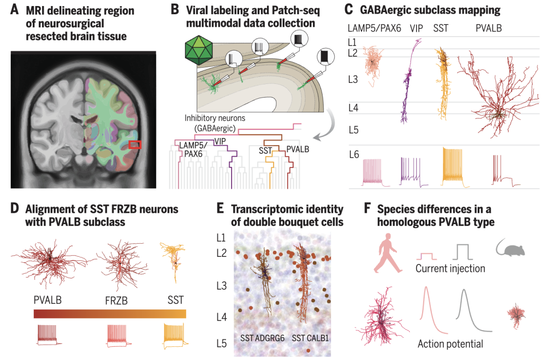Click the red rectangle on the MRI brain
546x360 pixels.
click(x=135, y=145)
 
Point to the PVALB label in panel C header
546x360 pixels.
click(x=488, y=28)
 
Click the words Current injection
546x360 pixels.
click(x=450, y=268)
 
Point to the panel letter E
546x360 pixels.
click(x=220, y=209)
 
